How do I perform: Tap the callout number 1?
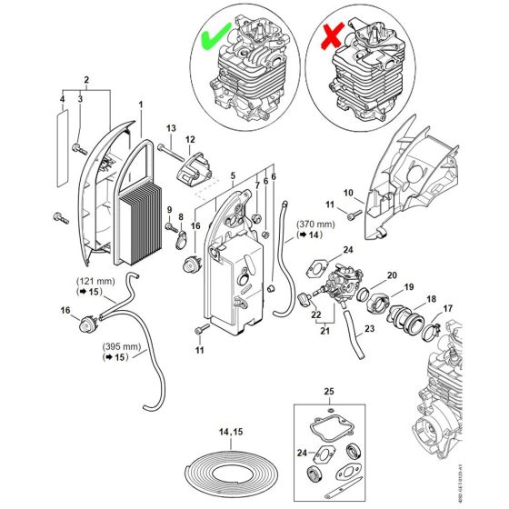click(x=141, y=105)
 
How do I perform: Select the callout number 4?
click(x=62, y=98)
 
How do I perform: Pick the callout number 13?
click(x=171, y=128)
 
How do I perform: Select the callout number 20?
click(x=393, y=276)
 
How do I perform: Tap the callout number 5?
click(x=233, y=175)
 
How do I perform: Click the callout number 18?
click(x=430, y=298)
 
